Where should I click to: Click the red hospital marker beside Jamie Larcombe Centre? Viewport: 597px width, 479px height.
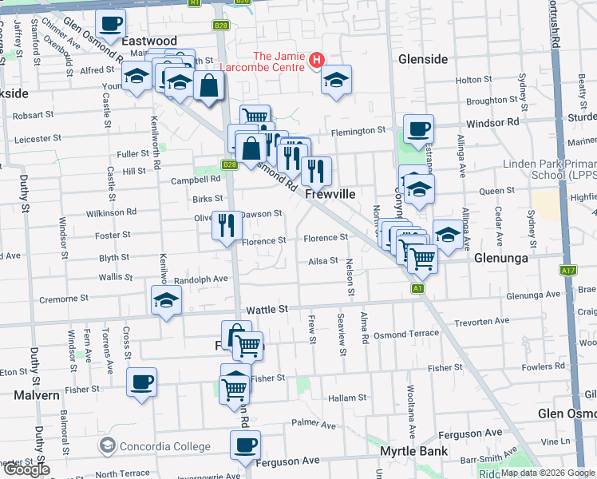click(317, 60)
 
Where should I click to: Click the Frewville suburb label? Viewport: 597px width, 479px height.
click(330, 195)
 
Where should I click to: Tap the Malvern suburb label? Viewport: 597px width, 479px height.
click(35, 395)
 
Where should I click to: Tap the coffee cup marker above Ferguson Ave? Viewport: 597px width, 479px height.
click(245, 444)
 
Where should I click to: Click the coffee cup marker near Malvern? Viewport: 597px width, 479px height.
click(142, 381)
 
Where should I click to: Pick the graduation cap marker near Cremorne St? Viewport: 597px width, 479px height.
click(166, 299)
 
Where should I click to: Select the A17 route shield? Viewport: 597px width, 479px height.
click(567, 271)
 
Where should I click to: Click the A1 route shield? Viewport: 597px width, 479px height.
click(417, 288)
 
